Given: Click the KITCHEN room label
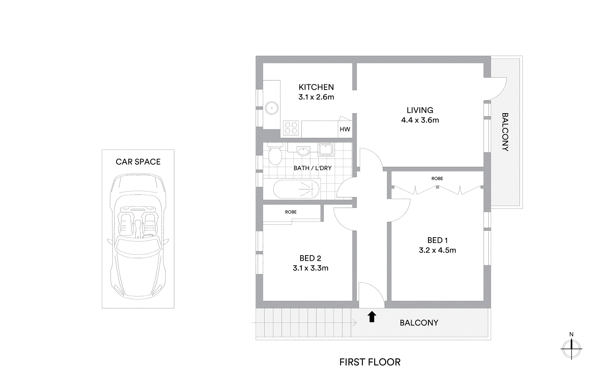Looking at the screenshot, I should click(x=316, y=87).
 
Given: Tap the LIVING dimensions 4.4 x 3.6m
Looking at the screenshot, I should click(x=420, y=120).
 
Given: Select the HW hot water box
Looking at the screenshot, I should click(x=345, y=129).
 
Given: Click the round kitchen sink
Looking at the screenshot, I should click(x=271, y=108).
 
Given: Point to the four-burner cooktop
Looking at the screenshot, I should click(x=291, y=128).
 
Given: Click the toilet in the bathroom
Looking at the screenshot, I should click(x=275, y=154).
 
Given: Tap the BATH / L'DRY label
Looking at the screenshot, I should click(x=312, y=168).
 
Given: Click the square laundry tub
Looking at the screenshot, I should click(x=325, y=149).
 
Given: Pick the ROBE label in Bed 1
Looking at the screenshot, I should click(x=437, y=179).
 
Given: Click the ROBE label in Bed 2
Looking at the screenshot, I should click(x=291, y=212).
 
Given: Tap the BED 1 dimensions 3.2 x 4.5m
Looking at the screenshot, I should click(x=437, y=250).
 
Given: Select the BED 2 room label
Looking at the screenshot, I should click(x=310, y=258).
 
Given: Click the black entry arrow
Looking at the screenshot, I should click(x=371, y=317).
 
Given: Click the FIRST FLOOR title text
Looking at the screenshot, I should click(x=370, y=362).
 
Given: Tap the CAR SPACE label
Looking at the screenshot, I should click(x=138, y=162).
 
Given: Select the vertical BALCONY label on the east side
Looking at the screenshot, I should click(x=505, y=132).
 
